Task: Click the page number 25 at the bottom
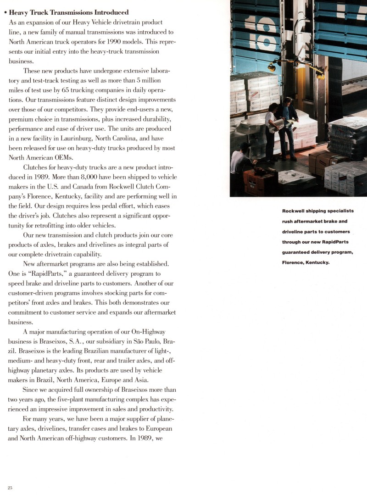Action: click(10, 488)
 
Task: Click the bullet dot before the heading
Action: click(5, 13)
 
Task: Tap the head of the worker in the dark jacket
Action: click(288, 100)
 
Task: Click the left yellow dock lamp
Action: click(272, 67)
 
